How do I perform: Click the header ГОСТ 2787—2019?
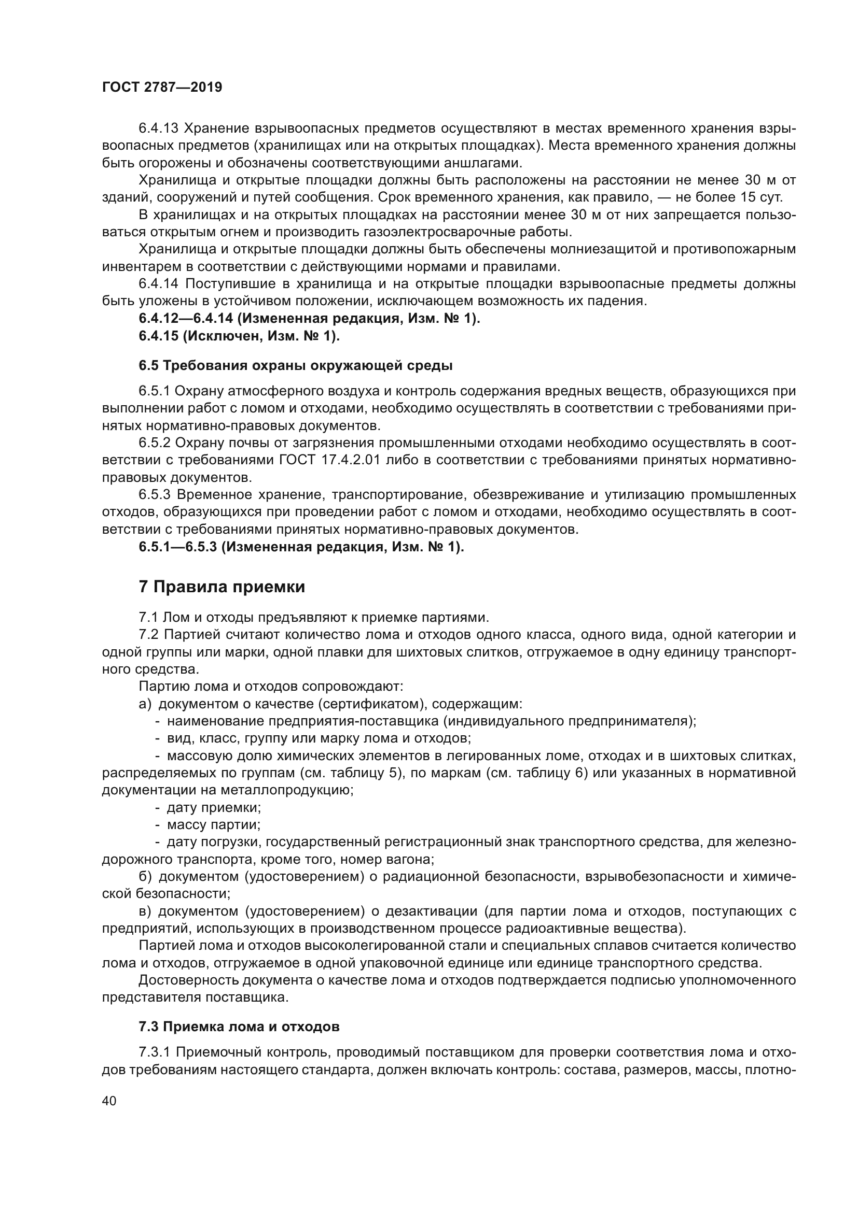point(162,87)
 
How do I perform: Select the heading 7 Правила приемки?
point(222,587)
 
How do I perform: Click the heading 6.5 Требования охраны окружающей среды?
point(295,365)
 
